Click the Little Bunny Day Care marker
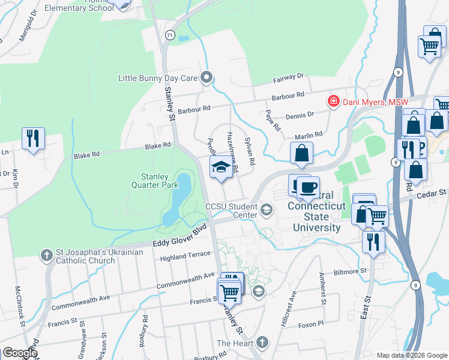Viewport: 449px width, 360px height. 207,77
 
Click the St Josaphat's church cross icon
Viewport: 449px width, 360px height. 47,256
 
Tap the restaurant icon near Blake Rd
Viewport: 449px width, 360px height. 32,138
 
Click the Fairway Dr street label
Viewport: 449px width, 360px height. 289,77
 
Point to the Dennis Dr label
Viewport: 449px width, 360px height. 300,115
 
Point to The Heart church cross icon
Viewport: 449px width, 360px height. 261,343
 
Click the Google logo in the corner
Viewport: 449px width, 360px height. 19,353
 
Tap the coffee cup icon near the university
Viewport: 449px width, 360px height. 308,187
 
